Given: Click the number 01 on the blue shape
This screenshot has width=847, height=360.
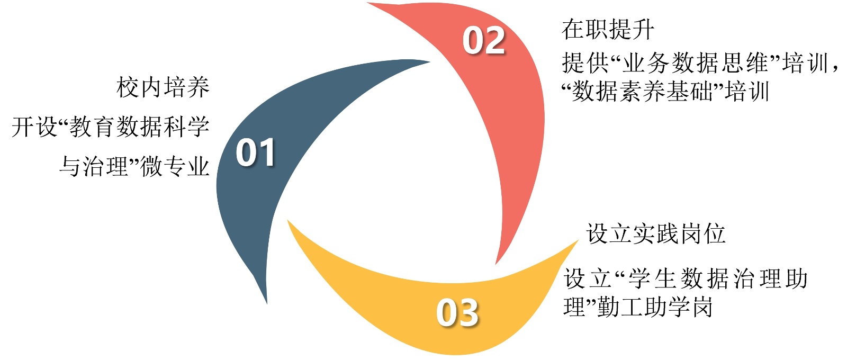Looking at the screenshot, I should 255,153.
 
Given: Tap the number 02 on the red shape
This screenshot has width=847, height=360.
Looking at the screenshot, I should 483,41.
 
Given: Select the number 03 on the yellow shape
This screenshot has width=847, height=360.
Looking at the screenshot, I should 457,312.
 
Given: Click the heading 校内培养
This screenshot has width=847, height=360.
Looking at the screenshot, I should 163,87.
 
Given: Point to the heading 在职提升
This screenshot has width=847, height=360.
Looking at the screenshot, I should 608,30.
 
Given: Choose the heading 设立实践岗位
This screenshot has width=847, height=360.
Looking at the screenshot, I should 655,233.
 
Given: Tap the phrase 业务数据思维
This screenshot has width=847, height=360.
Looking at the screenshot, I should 695,64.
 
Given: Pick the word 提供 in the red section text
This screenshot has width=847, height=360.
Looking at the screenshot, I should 585,64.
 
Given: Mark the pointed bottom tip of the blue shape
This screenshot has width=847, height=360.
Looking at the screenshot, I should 266,302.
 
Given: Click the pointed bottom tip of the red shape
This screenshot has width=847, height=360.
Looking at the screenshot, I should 496,263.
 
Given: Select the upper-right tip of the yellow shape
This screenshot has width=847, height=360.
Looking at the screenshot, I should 577,241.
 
